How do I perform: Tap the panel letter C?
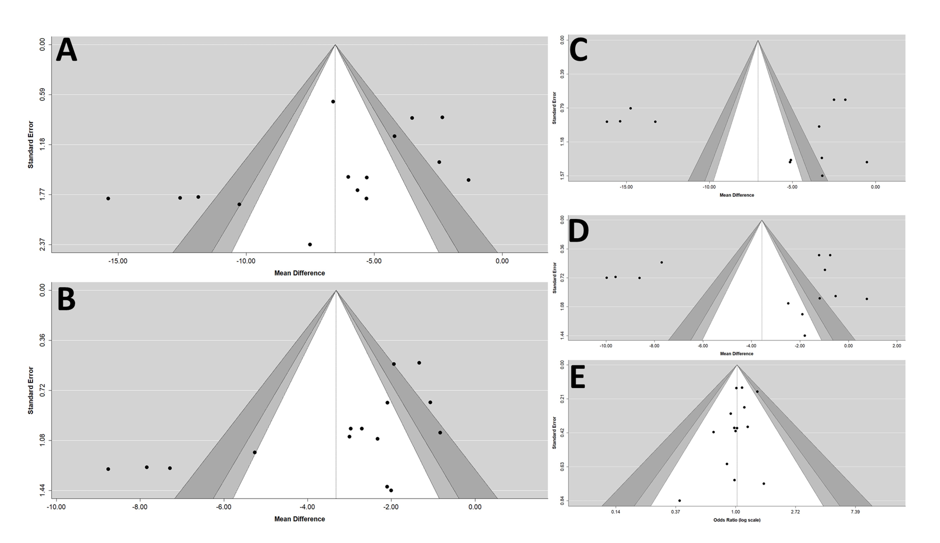click(578, 50)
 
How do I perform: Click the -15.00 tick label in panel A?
click(118, 261)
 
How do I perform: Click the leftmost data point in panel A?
click(108, 198)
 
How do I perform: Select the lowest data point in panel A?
click(310, 245)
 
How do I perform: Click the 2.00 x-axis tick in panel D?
click(896, 346)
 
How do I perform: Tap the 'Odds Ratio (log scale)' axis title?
click(736, 520)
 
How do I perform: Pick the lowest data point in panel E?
click(679, 500)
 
